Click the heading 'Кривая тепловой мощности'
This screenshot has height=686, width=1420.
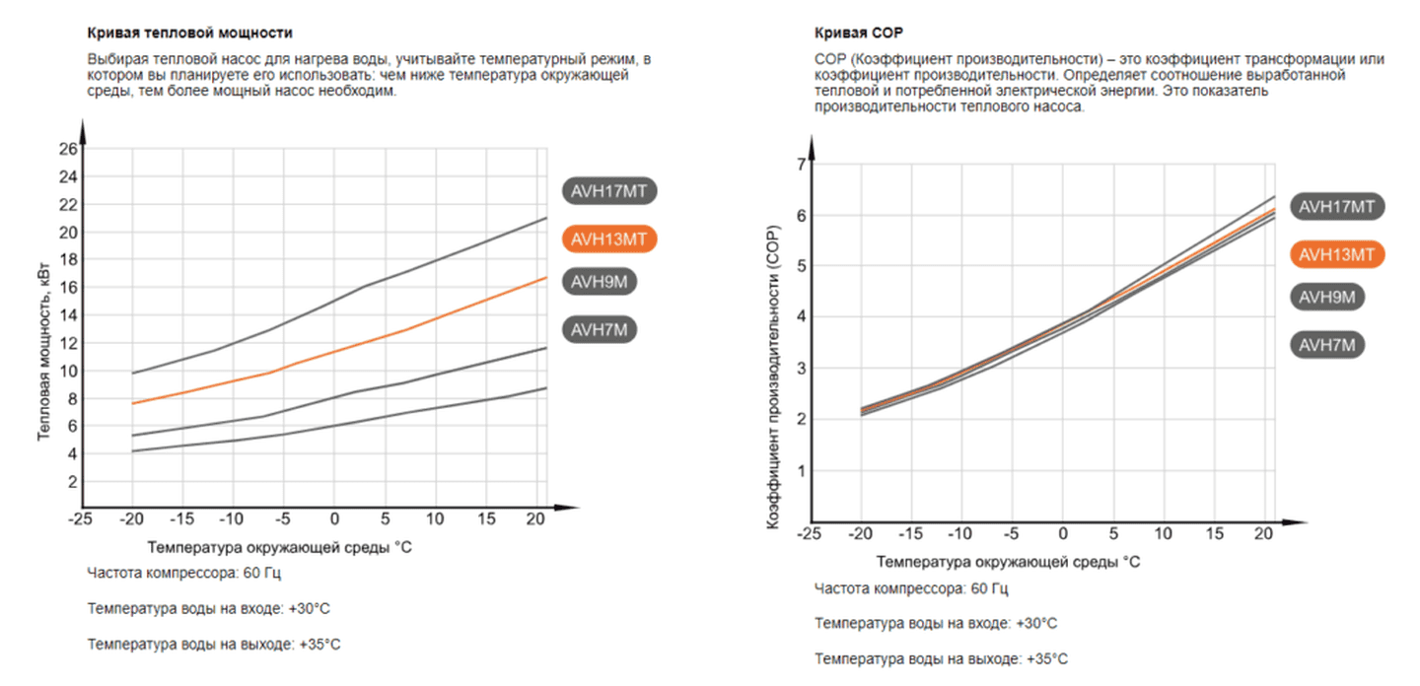tap(190, 34)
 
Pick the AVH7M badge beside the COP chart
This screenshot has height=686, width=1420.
tap(1326, 345)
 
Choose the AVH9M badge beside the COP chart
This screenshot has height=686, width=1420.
tap(1326, 298)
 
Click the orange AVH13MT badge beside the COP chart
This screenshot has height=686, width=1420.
tap(1337, 254)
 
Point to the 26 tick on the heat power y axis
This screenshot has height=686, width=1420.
tap(68, 149)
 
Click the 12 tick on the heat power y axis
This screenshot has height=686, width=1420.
tap(68, 343)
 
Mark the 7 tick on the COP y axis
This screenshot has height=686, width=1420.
tap(800, 164)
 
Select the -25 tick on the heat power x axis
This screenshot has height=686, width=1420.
tap(81, 518)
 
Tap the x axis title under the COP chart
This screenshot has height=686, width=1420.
tap(1009, 562)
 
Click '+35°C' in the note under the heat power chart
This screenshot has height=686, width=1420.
tap(319, 645)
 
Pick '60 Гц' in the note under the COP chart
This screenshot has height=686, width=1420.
tap(989, 589)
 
